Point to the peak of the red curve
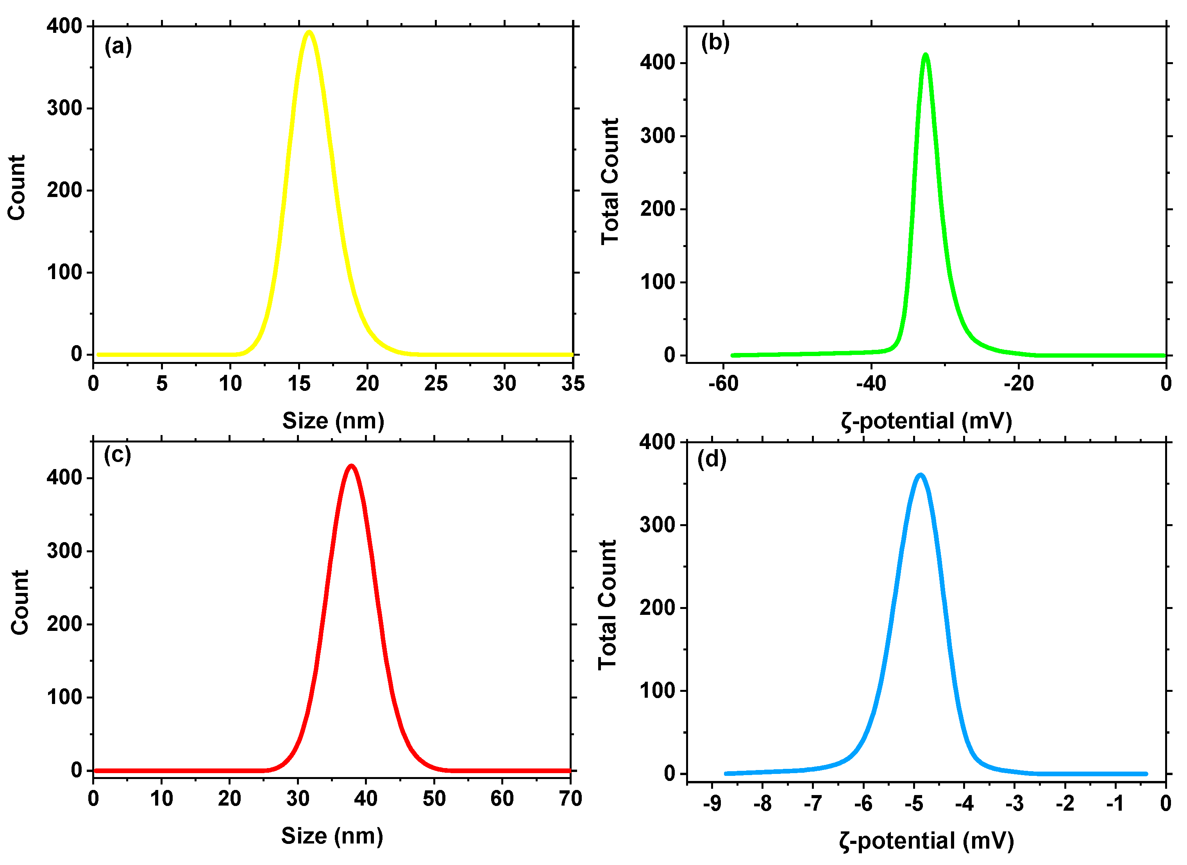pyautogui.click(x=351, y=466)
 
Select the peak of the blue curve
pyautogui.click(x=920, y=475)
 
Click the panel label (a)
pyautogui.click(x=118, y=46)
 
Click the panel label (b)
pyautogui.click(x=715, y=43)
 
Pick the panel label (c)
pyautogui.click(x=117, y=455)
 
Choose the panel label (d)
pyautogui.click(x=712, y=459)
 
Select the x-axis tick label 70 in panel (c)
pyautogui.click(x=570, y=799)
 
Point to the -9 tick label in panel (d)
pyautogui.click(x=712, y=803)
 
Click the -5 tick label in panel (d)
pyautogui.click(x=914, y=803)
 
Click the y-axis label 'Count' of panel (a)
pyautogui.click(x=17, y=188)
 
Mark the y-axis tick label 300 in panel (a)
pyautogui.click(x=64, y=108)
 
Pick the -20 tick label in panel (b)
pyautogui.click(x=1019, y=384)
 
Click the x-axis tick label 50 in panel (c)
pyautogui.click(x=434, y=799)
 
